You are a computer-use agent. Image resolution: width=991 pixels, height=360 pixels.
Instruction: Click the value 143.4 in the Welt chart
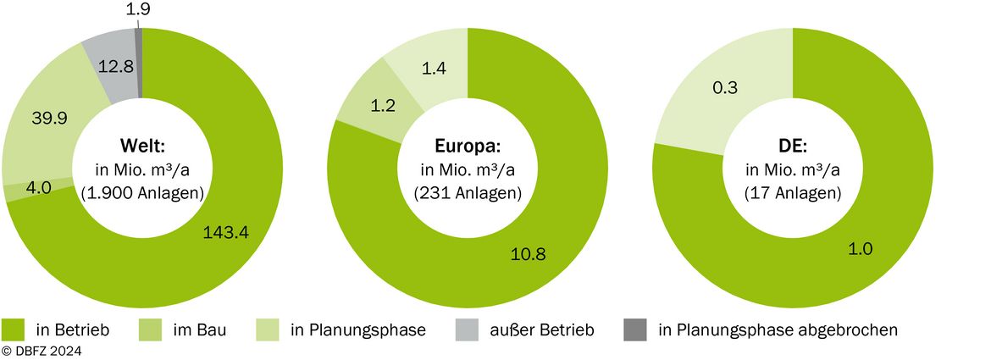[226, 232]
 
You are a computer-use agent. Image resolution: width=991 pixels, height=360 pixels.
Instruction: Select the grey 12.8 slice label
[115, 66]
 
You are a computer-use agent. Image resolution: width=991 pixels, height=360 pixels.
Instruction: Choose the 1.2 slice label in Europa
[382, 106]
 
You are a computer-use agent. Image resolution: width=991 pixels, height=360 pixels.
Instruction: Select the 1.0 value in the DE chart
[860, 249]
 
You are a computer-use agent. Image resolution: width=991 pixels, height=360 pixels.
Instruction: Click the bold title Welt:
[143, 147]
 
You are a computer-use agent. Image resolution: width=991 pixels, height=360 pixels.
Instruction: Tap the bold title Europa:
[468, 147]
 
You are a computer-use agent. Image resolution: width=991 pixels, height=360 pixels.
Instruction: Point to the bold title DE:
[793, 147]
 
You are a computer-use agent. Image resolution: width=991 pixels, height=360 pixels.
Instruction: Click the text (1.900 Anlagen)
[143, 194]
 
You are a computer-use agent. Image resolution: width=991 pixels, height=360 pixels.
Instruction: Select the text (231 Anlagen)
[468, 194]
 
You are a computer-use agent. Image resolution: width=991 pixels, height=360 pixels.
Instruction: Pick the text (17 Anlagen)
[793, 194]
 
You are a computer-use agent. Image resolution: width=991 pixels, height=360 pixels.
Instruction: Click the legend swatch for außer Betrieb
[467, 330]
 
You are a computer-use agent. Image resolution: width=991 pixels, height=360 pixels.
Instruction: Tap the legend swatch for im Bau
[148, 330]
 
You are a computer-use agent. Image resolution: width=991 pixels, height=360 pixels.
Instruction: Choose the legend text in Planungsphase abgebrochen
[778, 330]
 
